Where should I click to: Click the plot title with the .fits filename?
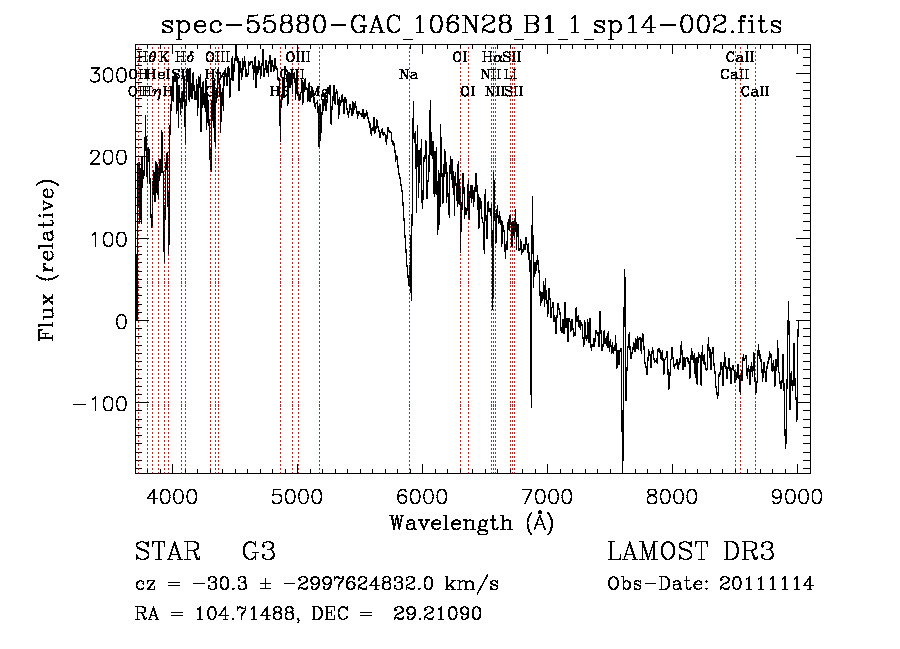click(471, 24)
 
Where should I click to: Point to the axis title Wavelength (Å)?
click(471, 522)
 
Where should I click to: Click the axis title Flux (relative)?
click(47, 260)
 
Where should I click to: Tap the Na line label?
click(408, 75)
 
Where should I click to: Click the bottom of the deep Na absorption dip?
click(410, 296)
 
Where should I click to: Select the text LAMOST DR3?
click(691, 552)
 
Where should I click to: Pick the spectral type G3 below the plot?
click(259, 552)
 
